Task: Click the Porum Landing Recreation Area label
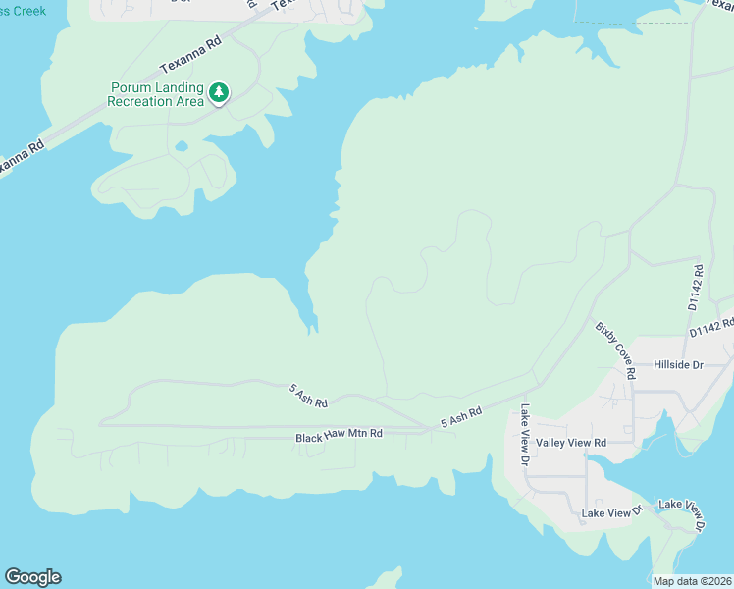pyautogui.click(x=156, y=93)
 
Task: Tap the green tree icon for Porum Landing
pyautogui.click(x=220, y=92)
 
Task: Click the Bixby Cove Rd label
pyautogui.click(x=612, y=348)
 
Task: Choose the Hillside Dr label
pyautogui.click(x=679, y=364)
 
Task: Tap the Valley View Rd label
pyautogui.click(x=571, y=443)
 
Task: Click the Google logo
pyautogui.click(x=32, y=577)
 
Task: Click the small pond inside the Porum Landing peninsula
pyautogui.click(x=182, y=148)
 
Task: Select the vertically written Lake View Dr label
pyautogui.click(x=526, y=435)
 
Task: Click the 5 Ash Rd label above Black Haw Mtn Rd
pyautogui.click(x=308, y=396)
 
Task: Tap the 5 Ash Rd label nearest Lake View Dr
pyautogui.click(x=461, y=417)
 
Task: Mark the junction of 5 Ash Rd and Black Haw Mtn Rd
pyautogui.click(x=428, y=428)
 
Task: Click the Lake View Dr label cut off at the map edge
pyautogui.click(x=683, y=514)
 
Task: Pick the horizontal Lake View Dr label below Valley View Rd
pyautogui.click(x=610, y=512)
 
